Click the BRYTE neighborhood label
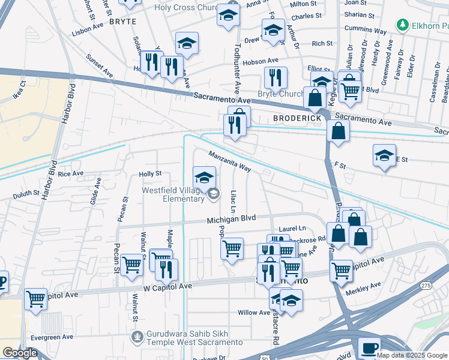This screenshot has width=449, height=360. click(x=122, y=21)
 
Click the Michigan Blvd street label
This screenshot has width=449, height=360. click(x=231, y=220)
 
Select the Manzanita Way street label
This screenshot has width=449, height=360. click(x=229, y=161)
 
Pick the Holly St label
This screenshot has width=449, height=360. click(x=150, y=173)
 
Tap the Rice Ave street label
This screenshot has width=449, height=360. click(x=70, y=173)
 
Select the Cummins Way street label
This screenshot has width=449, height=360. click(x=365, y=29)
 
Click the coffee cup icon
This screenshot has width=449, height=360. click(x=369, y=347)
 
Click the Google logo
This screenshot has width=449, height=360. click(x=19, y=353)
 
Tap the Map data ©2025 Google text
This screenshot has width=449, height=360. click(x=412, y=355)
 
